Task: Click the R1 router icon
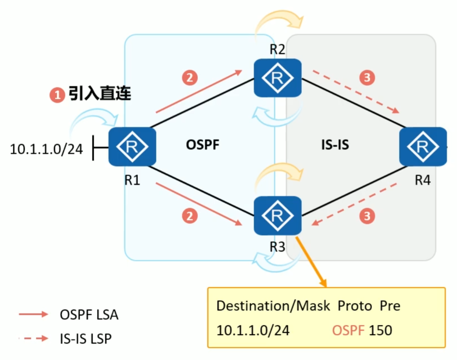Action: pos(132,147)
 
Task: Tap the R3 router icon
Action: pos(277,216)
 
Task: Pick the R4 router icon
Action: pos(422,147)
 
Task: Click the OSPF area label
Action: pos(203,146)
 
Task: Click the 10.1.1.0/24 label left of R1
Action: pos(46,149)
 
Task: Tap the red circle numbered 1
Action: pos(56,95)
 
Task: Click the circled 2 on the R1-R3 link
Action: pos(189,216)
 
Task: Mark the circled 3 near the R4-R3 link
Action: pos(367,216)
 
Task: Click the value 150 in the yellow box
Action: pos(380,330)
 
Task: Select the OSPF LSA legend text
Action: pos(89,315)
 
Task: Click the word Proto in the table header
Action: pos(354,306)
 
